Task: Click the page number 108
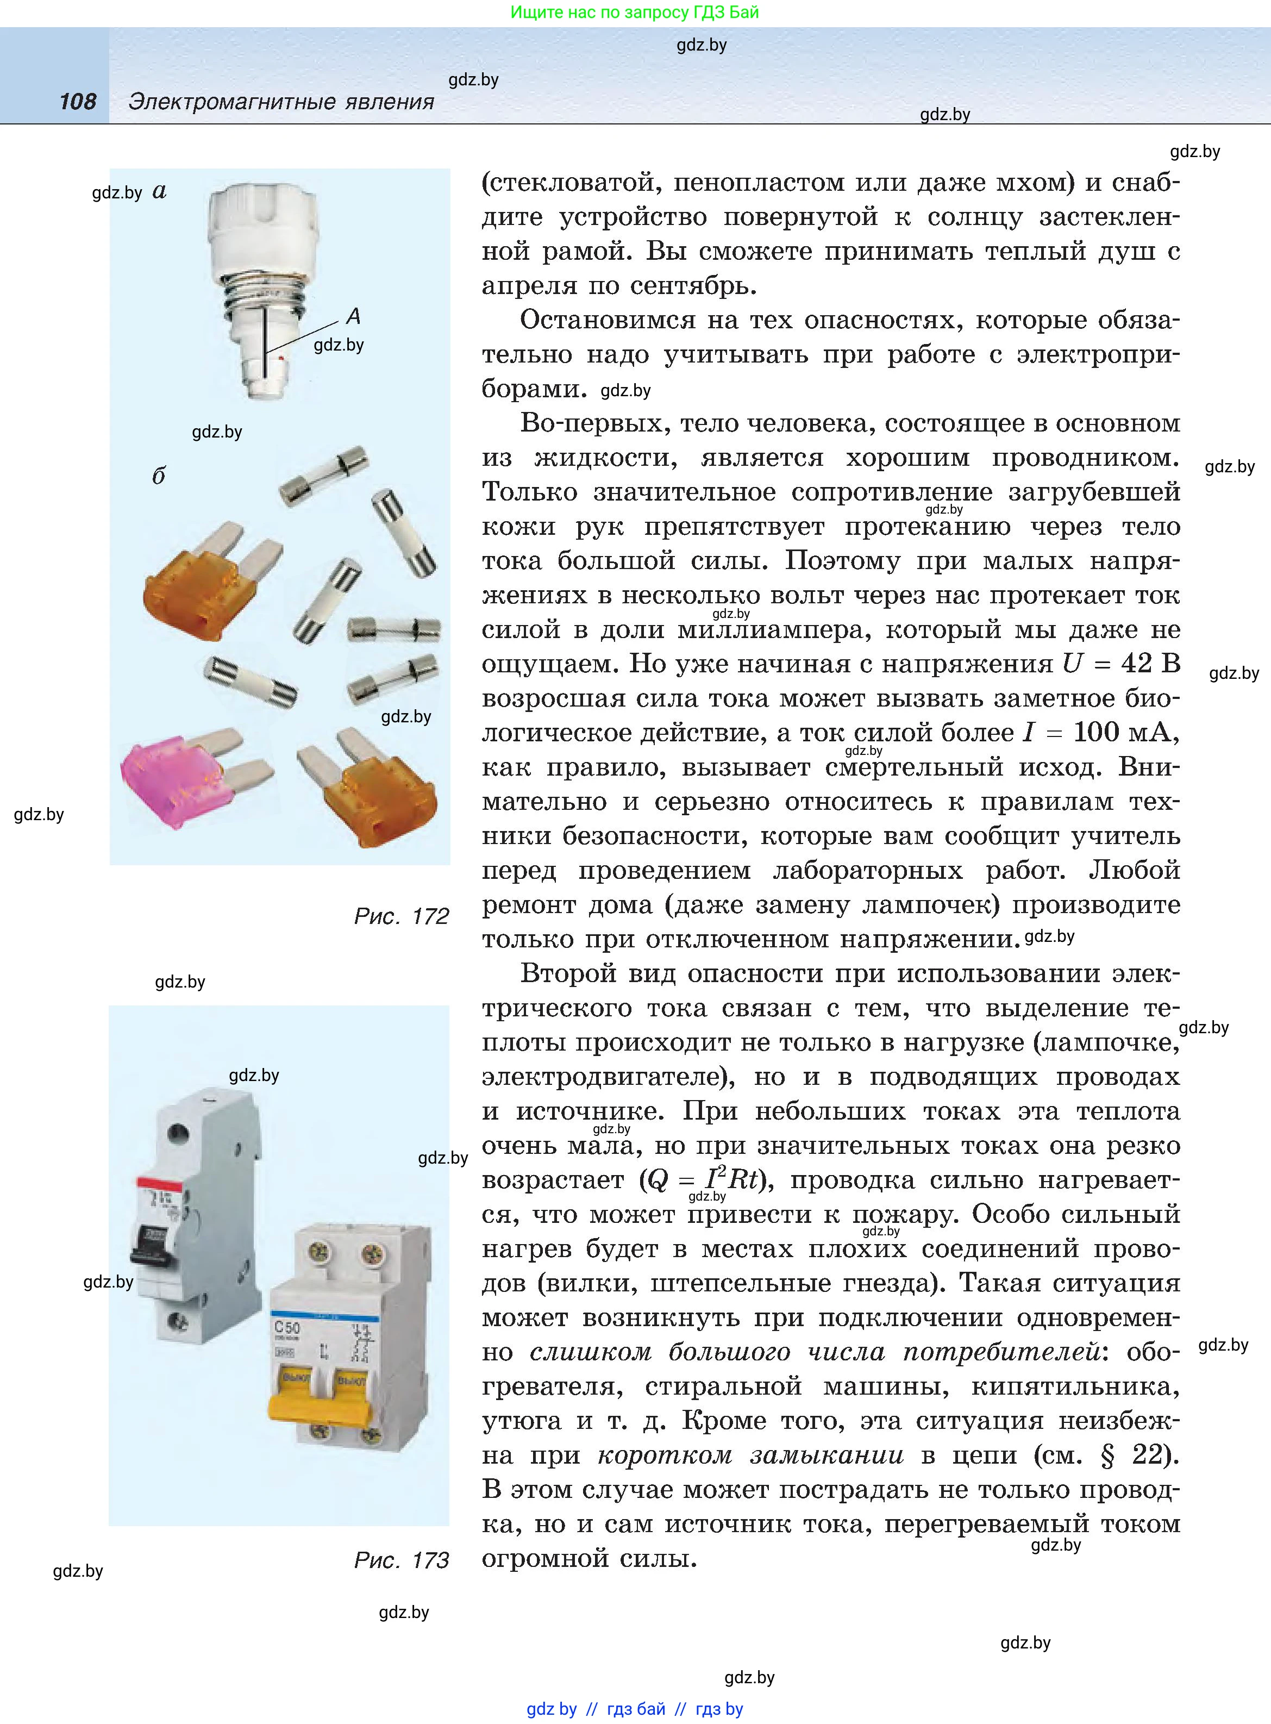pos(78,102)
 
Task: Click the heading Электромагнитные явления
pos(281,102)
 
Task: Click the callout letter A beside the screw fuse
pos(353,316)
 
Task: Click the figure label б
pos(159,476)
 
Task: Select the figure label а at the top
pos(159,191)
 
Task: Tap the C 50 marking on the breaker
pos(287,1328)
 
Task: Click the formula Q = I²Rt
pos(706,1179)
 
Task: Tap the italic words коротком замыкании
pos(750,1455)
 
